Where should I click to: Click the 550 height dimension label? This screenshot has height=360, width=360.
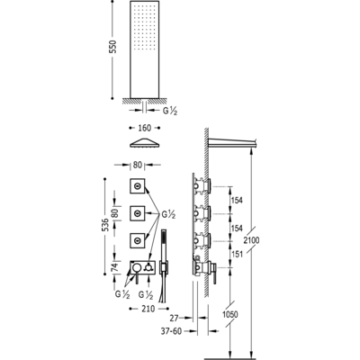pyautogui.click(x=113, y=47)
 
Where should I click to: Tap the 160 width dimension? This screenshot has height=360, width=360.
pyautogui.click(x=144, y=128)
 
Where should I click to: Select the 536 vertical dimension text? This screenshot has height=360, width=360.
pyautogui.click(x=104, y=224)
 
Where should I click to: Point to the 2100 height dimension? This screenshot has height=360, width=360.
pyautogui.click(x=251, y=240)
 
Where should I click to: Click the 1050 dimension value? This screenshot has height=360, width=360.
pyautogui.click(x=230, y=314)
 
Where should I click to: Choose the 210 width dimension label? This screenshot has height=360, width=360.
pyautogui.click(x=148, y=309)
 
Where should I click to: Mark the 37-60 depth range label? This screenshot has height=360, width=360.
pyautogui.click(x=171, y=331)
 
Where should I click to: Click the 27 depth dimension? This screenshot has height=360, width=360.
pyautogui.click(x=174, y=318)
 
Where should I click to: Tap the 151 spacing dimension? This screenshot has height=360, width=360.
pyautogui.click(x=237, y=255)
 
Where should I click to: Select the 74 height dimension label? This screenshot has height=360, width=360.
pyautogui.click(x=115, y=266)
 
